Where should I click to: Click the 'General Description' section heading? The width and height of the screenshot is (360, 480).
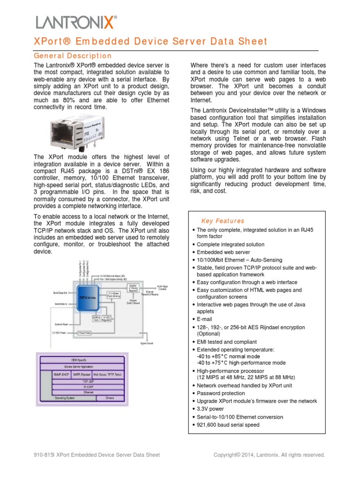tap(73, 56)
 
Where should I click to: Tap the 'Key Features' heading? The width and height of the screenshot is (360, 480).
tap(223, 221)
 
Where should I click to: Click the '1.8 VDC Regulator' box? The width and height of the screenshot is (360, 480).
tap(107, 318)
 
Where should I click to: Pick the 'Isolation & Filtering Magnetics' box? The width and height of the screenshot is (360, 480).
tap(133, 287)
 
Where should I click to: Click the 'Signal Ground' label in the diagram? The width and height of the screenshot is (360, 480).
tap(147, 344)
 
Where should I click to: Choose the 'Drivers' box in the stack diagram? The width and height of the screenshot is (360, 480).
tap(109, 397)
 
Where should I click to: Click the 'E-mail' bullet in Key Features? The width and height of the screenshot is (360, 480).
tap(204, 319)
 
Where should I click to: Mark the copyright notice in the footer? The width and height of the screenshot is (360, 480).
tap(269, 455)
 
